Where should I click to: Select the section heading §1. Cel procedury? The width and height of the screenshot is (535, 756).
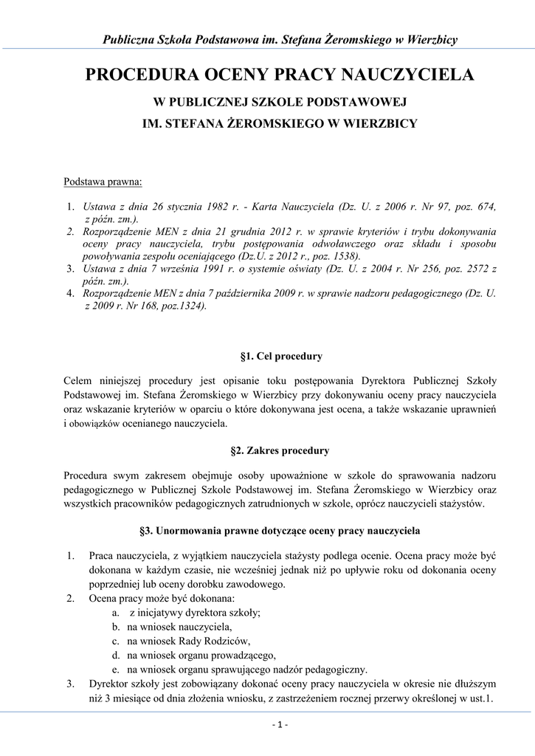tap(281, 357)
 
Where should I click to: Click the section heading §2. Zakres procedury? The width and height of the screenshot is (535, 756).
tap(280, 450)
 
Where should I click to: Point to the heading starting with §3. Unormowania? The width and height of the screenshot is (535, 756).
tap(280, 530)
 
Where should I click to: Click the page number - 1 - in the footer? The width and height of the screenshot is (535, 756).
tap(280, 725)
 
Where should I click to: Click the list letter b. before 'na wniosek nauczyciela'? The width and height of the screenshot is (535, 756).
tap(117, 626)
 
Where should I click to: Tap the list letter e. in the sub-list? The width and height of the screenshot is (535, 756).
tap(117, 670)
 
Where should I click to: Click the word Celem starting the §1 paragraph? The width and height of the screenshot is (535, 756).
tap(80, 382)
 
